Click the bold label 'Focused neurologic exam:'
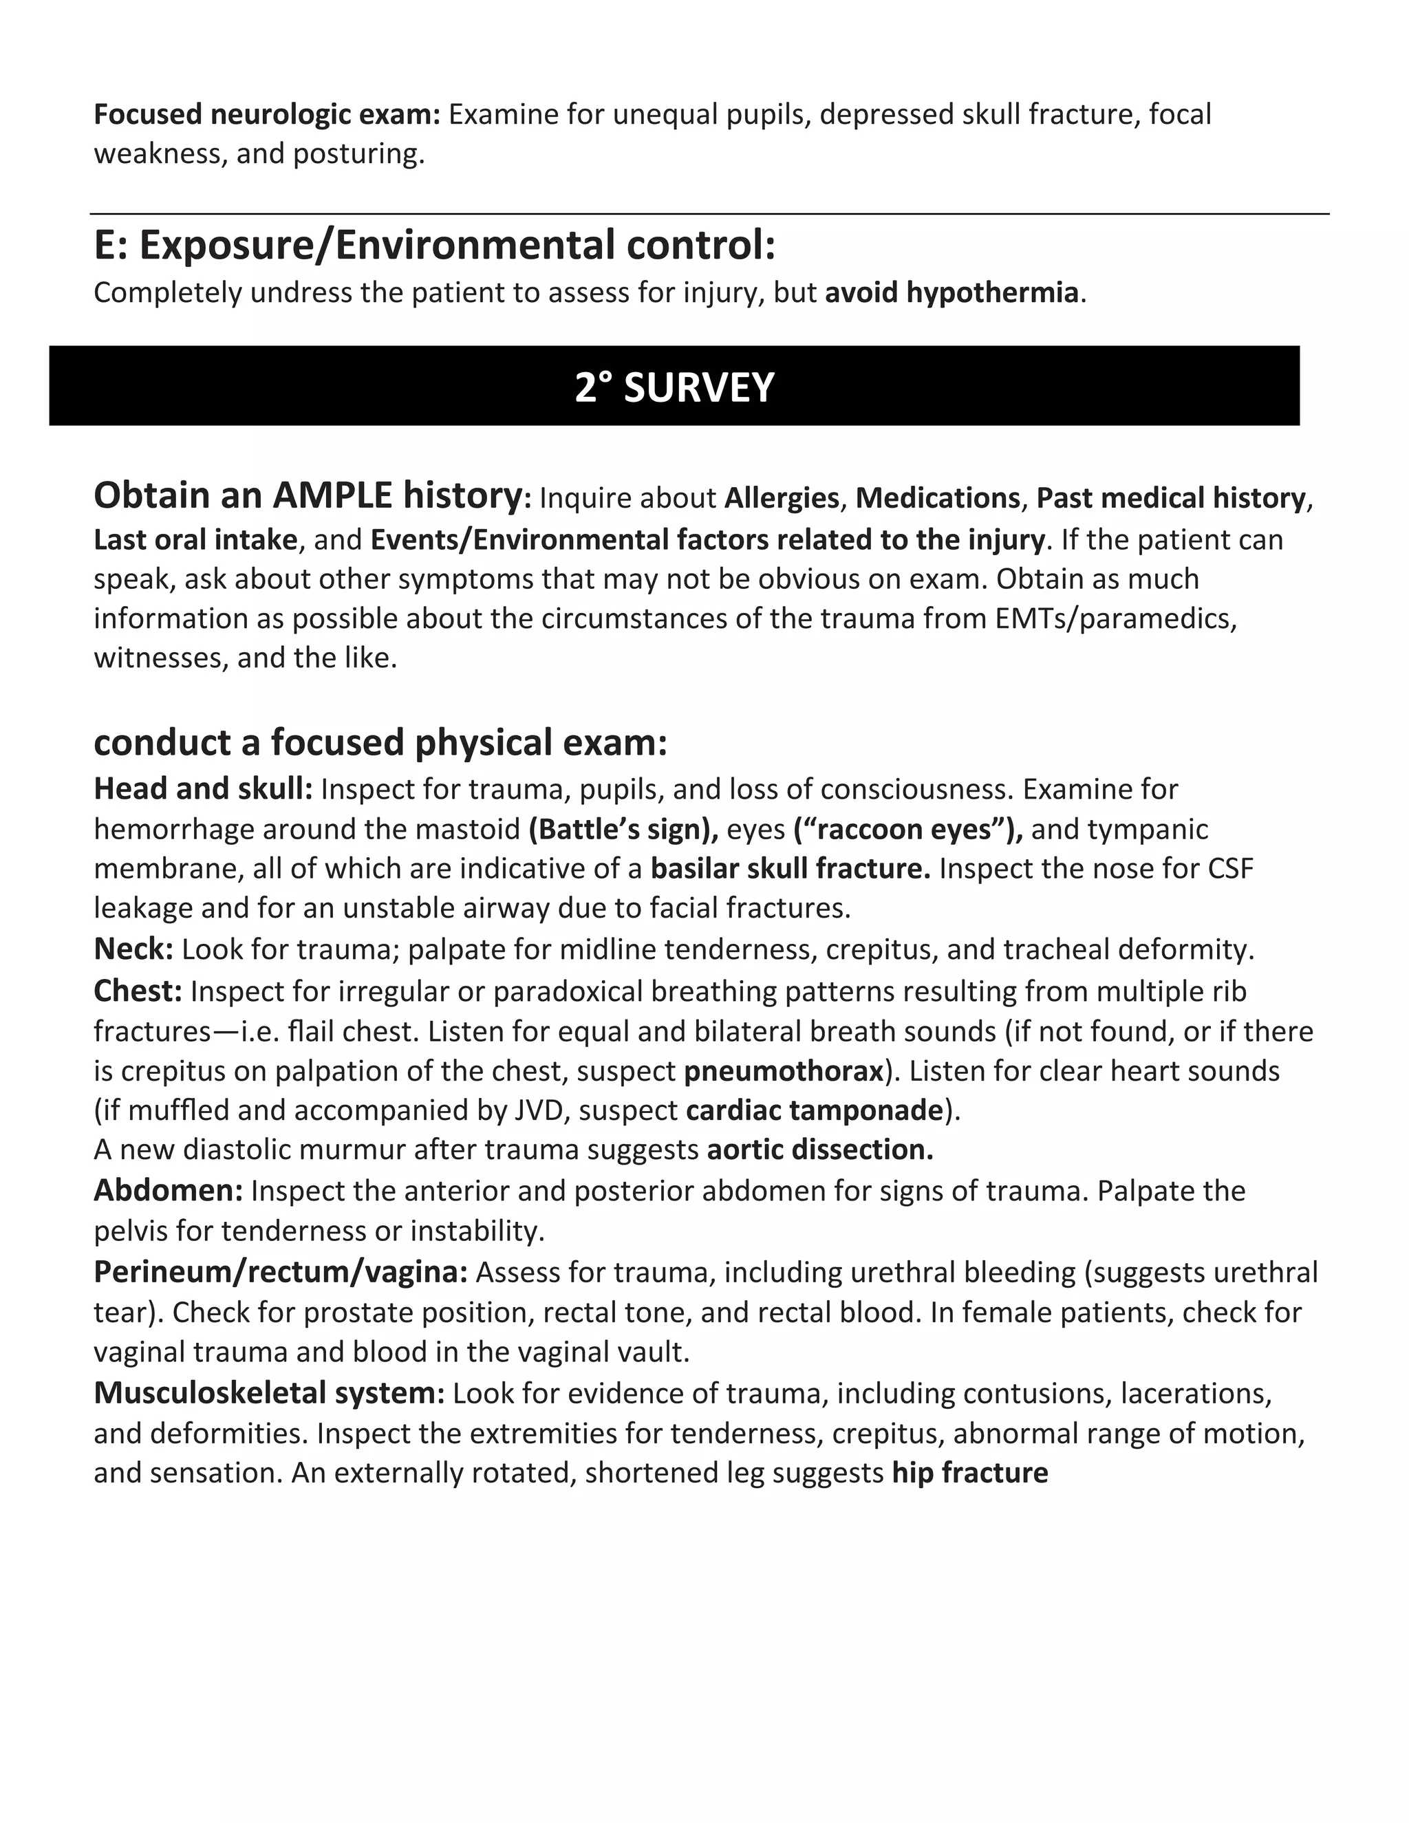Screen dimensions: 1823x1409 point(266,114)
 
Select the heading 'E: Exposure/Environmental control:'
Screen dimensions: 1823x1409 point(434,245)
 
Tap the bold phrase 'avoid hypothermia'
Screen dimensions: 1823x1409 point(951,293)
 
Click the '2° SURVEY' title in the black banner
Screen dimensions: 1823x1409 point(674,387)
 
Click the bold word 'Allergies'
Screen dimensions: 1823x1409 point(782,498)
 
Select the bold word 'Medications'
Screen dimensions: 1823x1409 point(938,498)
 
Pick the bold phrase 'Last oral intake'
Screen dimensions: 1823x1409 point(195,540)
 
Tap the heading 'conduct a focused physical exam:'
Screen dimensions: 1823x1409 point(380,742)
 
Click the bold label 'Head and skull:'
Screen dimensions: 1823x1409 point(203,789)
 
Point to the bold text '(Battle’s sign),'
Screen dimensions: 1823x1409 point(623,830)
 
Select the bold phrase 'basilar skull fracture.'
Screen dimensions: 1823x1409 point(790,869)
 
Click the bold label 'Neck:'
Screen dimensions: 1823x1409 point(133,949)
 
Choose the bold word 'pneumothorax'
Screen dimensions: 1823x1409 point(784,1071)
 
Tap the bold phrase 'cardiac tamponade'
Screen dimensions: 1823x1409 point(815,1110)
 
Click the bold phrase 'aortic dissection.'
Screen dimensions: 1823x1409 point(819,1150)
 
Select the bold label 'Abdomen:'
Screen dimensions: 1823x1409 point(168,1190)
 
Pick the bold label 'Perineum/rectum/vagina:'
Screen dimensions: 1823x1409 point(281,1272)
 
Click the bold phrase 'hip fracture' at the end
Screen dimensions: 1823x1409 point(969,1474)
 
